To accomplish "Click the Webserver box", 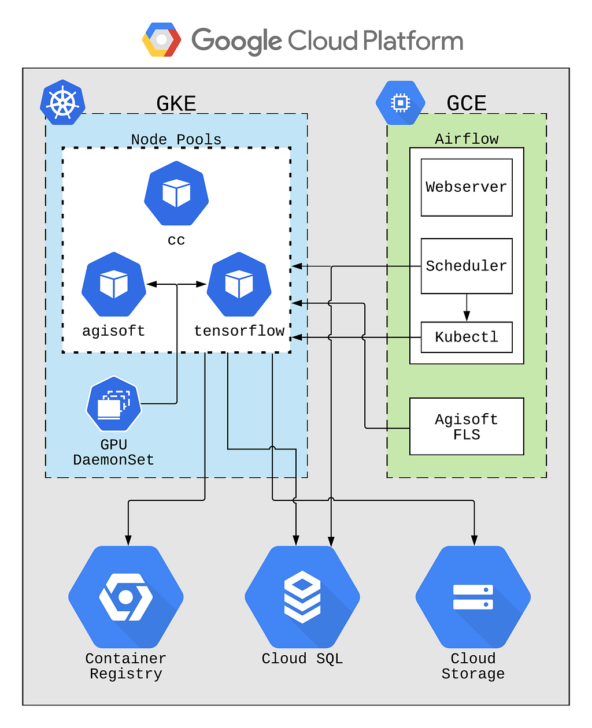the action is (466, 187).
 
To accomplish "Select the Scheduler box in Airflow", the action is (466, 266).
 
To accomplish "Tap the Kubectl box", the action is (466, 337).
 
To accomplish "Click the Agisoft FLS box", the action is (466, 426).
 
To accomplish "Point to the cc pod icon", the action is (176, 193).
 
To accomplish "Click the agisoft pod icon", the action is (113, 284).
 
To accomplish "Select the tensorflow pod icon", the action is (239, 284).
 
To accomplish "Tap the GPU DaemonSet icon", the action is (113, 403).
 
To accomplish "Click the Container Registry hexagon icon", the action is (125, 597).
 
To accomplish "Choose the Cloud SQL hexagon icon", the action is (302, 597).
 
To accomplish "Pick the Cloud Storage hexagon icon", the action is (473, 597).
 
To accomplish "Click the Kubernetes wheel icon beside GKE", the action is (62, 102).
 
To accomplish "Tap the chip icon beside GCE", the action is (400, 102).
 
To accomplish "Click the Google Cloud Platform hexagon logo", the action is (161, 39).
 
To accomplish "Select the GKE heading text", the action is (176, 103).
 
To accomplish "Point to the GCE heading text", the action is (466, 103).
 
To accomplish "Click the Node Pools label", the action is (176, 139).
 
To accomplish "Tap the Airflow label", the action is (467, 139).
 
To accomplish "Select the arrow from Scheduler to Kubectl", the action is (466, 307).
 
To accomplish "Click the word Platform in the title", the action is (413, 40).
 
